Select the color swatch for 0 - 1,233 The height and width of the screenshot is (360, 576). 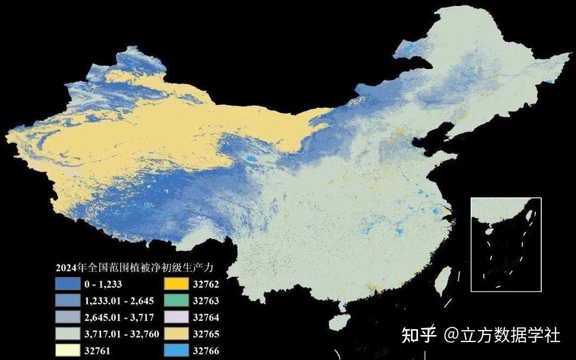[x=66, y=283]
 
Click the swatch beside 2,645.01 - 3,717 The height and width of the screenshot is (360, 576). [x=66, y=317]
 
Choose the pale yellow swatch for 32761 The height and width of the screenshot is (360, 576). [x=66, y=351]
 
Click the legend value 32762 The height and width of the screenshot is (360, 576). [x=206, y=283]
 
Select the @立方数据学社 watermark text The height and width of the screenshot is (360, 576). [x=502, y=335]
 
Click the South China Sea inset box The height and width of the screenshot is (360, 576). [x=506, y=244]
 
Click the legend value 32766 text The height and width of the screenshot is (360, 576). [x=206, y=351]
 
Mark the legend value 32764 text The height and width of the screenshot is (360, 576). [x=206, y=317]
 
